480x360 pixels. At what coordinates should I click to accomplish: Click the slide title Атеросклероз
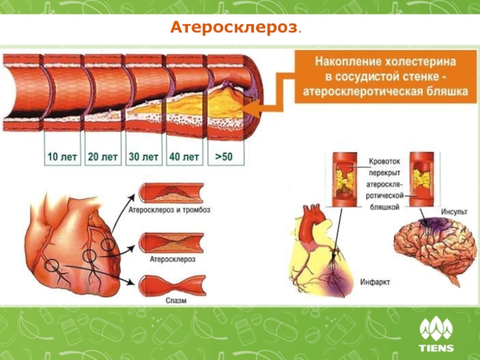pos(235,28)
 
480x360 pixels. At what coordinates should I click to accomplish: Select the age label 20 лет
pos(102,157)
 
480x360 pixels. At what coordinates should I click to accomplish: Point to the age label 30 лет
pos(144,157)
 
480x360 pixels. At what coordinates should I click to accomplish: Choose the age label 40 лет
pos(184,157)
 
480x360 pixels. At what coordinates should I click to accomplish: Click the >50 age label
pos(223,157)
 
